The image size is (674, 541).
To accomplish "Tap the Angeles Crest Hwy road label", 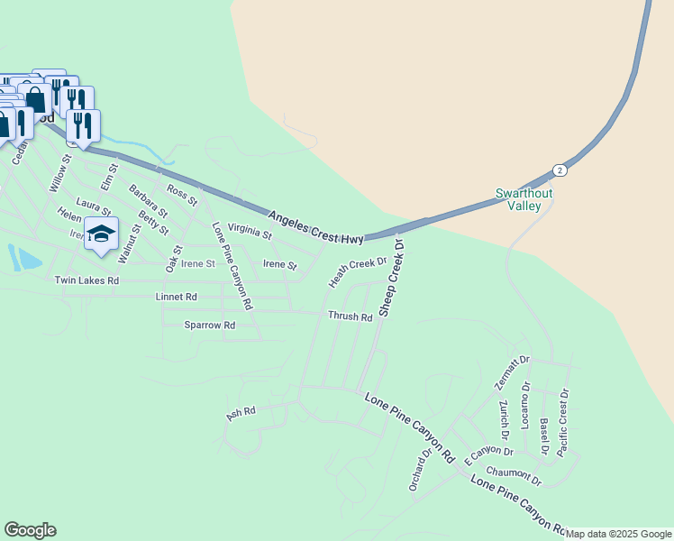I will pos(315,227).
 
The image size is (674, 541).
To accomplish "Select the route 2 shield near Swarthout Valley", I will pos(560,170).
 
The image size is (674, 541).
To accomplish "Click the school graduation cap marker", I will pos(102,234).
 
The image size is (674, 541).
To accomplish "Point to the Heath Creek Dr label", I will pos(358,273).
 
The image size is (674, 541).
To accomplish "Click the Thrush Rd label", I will pos(350,316).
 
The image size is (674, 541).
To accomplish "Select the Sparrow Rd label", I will pos(209,325).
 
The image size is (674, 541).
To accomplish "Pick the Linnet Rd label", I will pos(176,297).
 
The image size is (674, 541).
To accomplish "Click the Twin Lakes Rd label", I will pos(87,280).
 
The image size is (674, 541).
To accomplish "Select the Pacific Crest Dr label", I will pos(564,422).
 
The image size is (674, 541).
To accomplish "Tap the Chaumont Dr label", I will pos(514,475).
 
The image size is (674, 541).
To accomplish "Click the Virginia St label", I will pos(250,232).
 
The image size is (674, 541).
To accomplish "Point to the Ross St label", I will pos(182,194).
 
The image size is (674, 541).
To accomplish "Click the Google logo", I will pos(30,530).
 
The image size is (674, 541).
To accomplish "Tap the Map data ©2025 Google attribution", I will pos(619,534).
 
